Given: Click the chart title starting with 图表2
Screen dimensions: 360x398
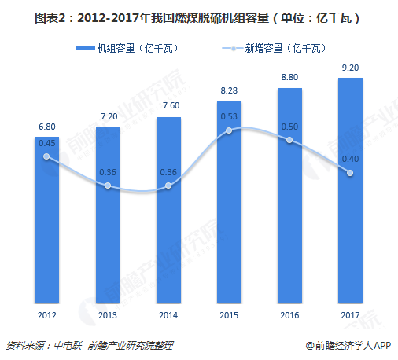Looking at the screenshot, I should [198, 15].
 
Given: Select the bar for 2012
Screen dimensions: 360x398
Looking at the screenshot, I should [46, 220].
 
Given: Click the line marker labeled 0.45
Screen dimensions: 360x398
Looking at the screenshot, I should [46, 156].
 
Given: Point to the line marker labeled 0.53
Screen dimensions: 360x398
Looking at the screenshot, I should [229, 130].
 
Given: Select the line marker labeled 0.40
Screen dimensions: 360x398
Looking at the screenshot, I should [351, 173].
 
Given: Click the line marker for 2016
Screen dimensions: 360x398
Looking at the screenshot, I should [289, 140].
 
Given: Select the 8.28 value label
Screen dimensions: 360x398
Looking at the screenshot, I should [229, 90].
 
